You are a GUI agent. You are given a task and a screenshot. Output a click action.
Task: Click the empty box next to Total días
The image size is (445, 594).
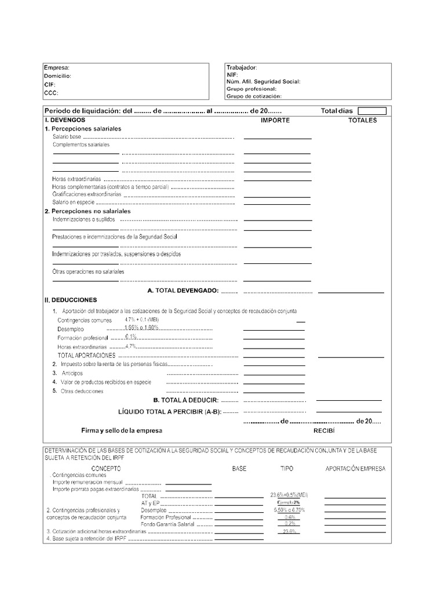[371, 111]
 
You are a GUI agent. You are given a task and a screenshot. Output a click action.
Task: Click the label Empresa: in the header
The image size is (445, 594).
[57, 68]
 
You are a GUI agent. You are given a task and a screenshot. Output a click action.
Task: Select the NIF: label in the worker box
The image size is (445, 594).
[232, 75]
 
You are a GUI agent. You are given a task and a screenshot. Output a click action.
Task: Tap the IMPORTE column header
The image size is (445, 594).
[275, 120]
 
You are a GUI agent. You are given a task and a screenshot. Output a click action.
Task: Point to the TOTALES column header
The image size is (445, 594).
[362, 120]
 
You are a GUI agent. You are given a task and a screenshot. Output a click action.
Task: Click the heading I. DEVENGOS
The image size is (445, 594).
[65, 120]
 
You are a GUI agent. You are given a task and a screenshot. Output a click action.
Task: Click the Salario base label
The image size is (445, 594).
[67, 136]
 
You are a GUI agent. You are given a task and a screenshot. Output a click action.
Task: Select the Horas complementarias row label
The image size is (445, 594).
[110, 187]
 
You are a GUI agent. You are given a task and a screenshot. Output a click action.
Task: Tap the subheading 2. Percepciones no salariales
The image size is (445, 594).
[87, 211]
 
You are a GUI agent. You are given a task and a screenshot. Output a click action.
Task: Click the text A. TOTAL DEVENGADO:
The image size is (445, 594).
[183, 290]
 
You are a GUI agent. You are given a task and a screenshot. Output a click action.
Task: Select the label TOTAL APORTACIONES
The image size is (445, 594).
[86, 355]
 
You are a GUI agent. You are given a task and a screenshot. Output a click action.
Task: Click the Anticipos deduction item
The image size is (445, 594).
[72, 373]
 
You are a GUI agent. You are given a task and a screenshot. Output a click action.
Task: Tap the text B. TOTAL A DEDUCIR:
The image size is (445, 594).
[185, 400]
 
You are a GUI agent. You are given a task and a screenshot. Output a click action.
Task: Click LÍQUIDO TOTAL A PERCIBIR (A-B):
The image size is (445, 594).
[169, 412]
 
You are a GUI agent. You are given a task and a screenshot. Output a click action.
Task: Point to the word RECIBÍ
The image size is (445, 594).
[324, 431]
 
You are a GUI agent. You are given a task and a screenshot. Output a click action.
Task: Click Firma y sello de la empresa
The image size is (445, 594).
[122, 431]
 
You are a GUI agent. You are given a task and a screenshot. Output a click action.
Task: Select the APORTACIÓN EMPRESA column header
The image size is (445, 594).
[355, 468]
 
